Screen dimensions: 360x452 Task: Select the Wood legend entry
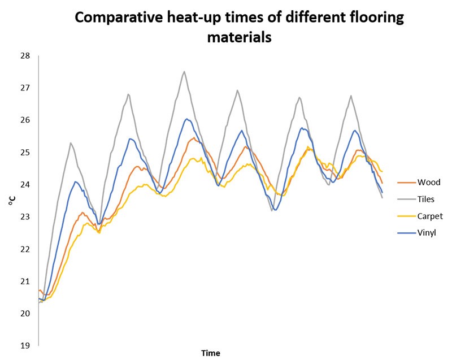click(x=429, y=182)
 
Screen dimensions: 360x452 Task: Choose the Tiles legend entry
click(x=428, y=199)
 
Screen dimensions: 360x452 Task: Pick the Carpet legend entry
click(x=430, y=216)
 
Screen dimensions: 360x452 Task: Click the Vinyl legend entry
click(x=428, y=233)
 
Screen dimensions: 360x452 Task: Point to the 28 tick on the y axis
click(x=24, y=56)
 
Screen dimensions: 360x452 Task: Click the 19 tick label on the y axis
click(x=24, y=345)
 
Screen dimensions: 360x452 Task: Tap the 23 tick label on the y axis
click(x=24, y=217)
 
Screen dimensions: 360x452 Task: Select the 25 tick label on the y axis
click(x=24, y=153)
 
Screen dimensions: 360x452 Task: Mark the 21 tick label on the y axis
click(x=24, y=281)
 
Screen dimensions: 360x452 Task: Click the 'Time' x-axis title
click(x=211, y=353)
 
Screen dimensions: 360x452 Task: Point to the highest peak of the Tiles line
click(x=184, y=71)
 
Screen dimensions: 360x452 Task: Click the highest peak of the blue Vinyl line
click(x=186, y=119)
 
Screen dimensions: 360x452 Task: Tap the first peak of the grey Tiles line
click(x=71, y=143)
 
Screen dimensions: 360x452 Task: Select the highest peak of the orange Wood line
click(x=194, y=137)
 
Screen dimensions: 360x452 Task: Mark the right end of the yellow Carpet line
click(x=383, y=171)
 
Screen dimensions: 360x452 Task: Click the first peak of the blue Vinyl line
click(x=76, y=181)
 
